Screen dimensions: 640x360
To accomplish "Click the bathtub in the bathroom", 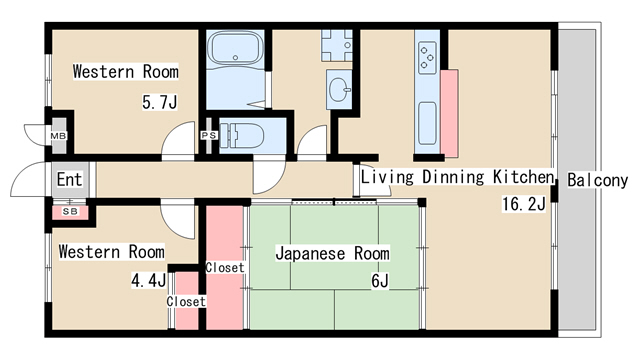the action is (235, 47).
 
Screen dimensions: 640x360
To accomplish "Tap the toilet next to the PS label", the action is (242, 135).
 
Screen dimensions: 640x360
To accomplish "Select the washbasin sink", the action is (339, 89).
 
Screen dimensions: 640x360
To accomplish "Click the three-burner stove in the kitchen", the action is (427, 58).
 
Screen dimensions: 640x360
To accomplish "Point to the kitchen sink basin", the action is (427, 123).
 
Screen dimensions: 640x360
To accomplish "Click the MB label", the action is (58, 136).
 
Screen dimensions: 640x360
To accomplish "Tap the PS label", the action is (209, 135).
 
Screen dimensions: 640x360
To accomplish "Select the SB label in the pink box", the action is (70, 212).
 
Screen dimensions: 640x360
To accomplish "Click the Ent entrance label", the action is (69, 179).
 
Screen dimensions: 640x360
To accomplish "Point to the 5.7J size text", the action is (160, 102).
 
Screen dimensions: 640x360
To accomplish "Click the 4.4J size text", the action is (149, 280).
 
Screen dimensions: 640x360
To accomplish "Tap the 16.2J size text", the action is (524, 203).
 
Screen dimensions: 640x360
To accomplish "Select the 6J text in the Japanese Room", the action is (380, 281).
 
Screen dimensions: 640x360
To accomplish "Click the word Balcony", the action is (598, 180).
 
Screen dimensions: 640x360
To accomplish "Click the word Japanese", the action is (310, 253).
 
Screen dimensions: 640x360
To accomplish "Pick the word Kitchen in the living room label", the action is (524, 177).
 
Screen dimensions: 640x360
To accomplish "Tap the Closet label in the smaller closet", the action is (186, 302).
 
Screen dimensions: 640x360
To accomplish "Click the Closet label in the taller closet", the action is (225, 268).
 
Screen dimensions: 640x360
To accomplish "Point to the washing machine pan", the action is (336, 45).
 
